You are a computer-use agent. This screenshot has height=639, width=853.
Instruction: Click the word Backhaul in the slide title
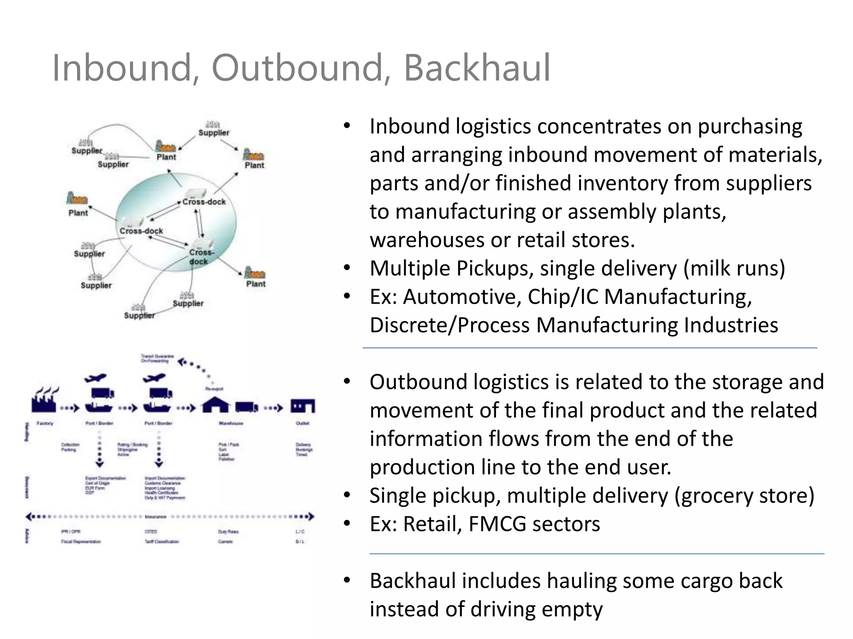(477, 67)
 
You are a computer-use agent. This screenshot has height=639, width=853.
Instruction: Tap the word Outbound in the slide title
(296, 67)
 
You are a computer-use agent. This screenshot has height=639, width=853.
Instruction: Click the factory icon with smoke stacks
(44, 400)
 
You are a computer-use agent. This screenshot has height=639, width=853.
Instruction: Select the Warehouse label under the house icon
(231, 423)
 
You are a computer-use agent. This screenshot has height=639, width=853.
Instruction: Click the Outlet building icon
(303, 406)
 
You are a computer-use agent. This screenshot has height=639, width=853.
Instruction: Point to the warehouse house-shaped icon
(215, 404)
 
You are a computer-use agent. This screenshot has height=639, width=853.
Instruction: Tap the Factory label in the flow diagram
(45, 423)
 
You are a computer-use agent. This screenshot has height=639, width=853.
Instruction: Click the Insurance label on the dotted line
(156, 517)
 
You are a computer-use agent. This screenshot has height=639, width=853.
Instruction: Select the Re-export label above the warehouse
(214, 389)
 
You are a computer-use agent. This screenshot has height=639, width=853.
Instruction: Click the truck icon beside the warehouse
(246, 406)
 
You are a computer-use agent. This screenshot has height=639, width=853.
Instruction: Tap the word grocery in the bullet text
(713, 495)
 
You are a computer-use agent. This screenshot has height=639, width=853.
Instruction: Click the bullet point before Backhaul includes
(347, 580)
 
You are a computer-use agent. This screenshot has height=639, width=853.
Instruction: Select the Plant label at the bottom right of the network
(256, 284)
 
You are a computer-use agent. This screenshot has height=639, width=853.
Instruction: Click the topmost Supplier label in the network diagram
(214, 133)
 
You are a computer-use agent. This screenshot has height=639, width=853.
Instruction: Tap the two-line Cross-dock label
(201, 257)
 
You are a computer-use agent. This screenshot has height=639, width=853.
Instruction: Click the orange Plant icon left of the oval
(77, 198)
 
